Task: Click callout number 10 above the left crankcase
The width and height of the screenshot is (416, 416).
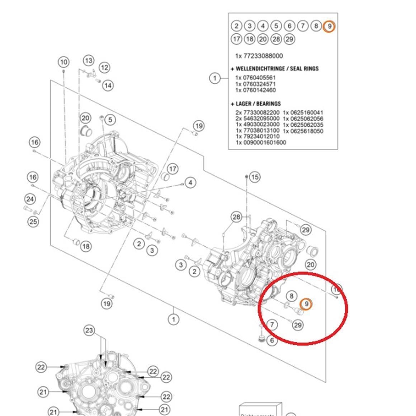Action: pyautogui.click(x=63, y=62)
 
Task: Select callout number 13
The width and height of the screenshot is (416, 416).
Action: pyautogui.click(x=89, y=60)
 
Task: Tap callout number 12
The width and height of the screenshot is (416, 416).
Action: pyautogui.click(x=104, y=67)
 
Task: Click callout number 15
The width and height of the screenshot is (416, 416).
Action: pyautogui.click(x=254, y=177)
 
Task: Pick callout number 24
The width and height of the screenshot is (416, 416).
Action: pyautogui.click(x=30, y=199)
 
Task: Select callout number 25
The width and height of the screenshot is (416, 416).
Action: pyautogui.click(x=33, y=221)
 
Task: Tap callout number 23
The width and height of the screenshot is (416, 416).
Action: pyautogui.click(x=89, y=330)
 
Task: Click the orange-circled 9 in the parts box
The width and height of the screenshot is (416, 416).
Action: pyautogui.click(x=329, y=26)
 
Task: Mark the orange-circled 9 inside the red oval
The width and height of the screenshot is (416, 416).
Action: pyautogui.click(x=306, y=304)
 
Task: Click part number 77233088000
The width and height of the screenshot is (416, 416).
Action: pyautogui.click(x=263, y=56)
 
